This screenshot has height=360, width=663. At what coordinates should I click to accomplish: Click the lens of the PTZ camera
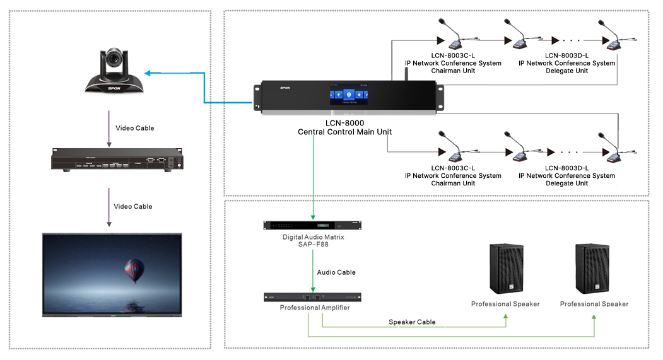point(114,59)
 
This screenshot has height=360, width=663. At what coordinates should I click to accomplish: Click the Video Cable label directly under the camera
point(134,128)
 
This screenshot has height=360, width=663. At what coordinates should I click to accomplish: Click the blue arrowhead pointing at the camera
point(147,73)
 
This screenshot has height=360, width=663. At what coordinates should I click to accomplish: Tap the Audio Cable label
point(336,272)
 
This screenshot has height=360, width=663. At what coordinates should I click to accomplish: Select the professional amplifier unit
point(312,297)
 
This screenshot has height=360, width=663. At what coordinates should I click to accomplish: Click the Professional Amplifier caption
point(314,308)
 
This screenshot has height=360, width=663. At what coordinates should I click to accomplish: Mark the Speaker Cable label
point(412,322)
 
